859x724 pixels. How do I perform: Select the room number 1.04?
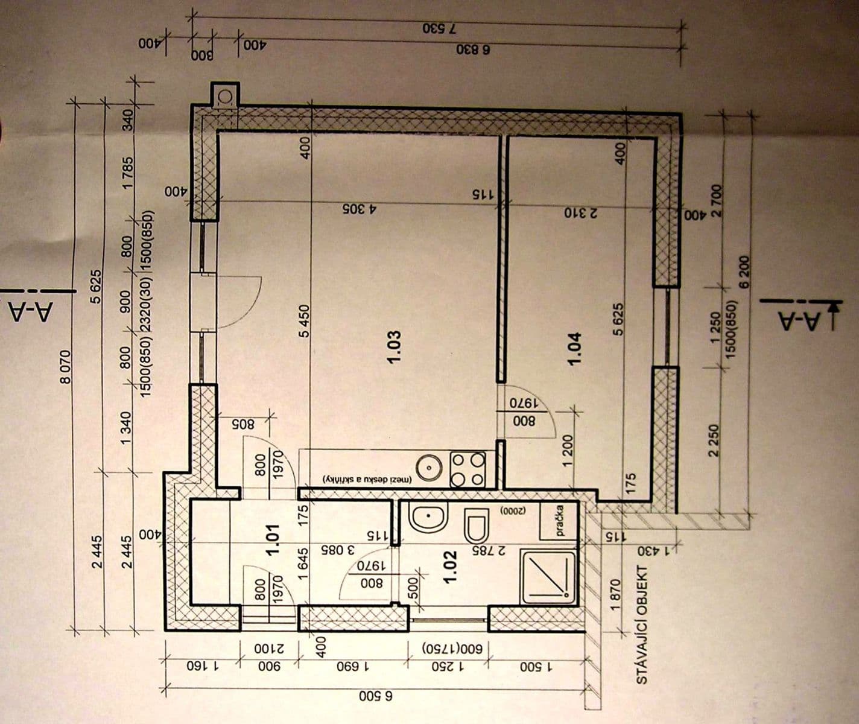pyautogui.click(x=574, y=348)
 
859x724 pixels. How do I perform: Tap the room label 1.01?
pyautogui.click(x=275, y=539)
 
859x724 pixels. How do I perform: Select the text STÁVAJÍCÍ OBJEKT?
pyautogui.click(x=642, y=624)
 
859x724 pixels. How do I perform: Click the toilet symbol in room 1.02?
pyautogui.click(x=477, y=525)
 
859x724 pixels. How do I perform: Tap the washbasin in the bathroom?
pyautogui.click(x=427, y=518)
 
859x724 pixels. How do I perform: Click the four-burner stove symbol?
pyautogui.click(x=468, y=469)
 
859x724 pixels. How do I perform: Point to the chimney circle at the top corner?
pyautogui.click(x=226, y=96)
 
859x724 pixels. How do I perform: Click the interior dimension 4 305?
pyautogui.click(x=360, y=209)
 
